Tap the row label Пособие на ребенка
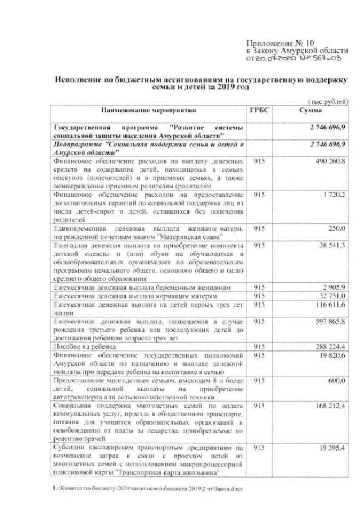(80, 346)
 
